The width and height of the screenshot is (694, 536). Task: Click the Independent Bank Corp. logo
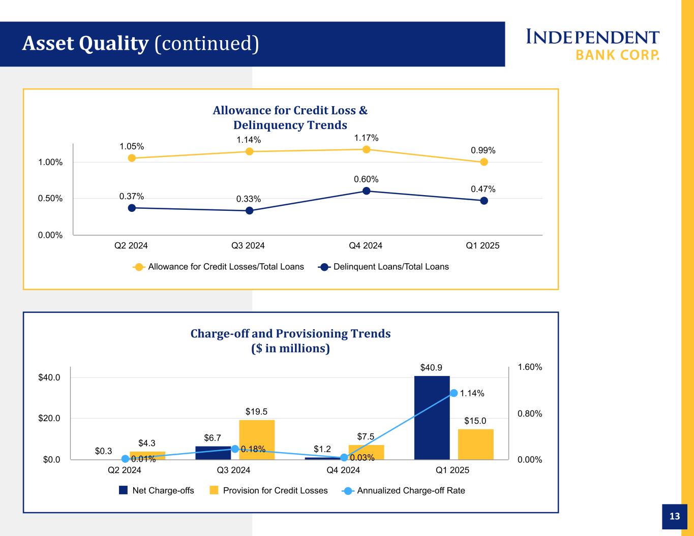pos(592,45)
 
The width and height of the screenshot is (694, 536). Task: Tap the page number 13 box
pos(674,516)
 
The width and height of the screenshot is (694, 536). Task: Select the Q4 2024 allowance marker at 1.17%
pos(366,149)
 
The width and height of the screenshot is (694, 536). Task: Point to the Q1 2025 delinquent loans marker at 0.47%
pos(484,201)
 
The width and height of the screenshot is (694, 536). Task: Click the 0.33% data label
pos(249,199)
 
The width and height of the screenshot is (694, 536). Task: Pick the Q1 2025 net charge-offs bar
pos(432,418)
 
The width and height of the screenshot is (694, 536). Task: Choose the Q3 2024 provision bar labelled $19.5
pos(257,439)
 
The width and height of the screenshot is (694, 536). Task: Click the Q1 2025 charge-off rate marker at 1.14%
pos(454,393)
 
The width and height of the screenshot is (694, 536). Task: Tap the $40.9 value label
pos(431,367)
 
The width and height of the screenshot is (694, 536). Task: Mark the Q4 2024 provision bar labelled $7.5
pos(366,452)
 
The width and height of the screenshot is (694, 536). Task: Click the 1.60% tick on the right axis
pos(530,367)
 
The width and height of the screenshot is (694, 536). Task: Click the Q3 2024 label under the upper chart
pos(248,246)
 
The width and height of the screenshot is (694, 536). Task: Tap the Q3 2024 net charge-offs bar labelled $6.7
pos(213,453)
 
